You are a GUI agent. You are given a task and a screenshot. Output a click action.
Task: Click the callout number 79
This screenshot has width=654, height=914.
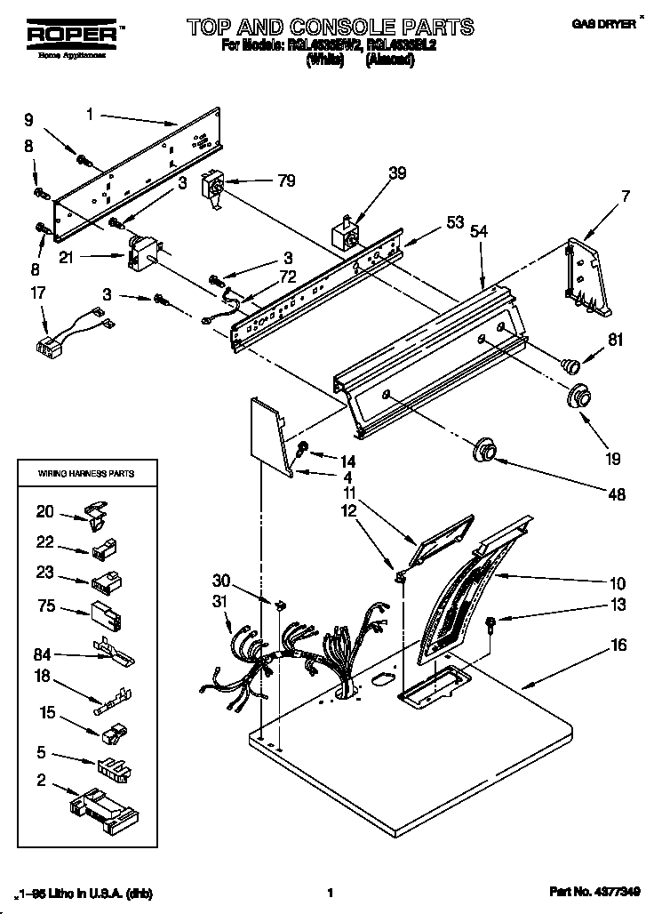pyautogui.click(x=285, y=181)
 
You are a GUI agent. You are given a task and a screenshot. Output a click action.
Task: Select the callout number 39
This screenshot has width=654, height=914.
pyautogui.click(x=398, y=173)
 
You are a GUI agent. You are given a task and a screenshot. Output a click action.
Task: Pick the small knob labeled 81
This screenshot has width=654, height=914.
pyautogui.click(x=569, y=363)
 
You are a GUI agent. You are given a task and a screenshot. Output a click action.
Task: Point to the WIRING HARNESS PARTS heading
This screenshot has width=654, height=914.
pyautogui.click(x=85, y=474)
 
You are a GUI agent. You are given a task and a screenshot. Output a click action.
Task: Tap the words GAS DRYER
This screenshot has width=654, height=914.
pyautogui.click(x=609, y=26)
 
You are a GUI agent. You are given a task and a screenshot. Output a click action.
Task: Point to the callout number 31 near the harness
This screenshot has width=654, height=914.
pyautogui.click(x=219, y=604)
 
